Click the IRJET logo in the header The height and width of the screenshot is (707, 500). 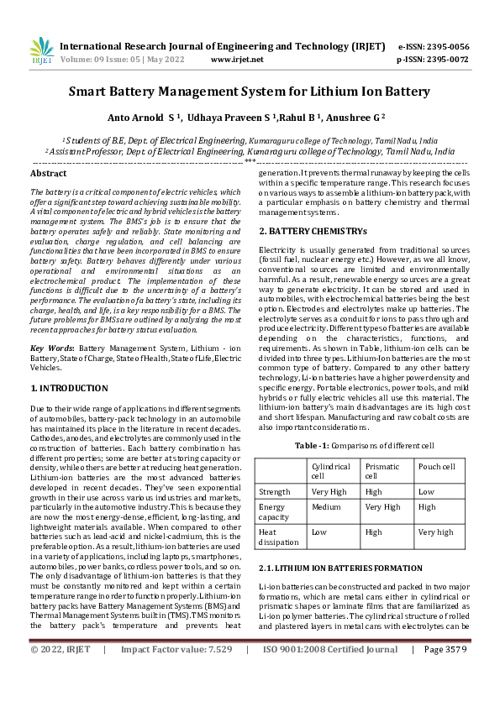[41, 52]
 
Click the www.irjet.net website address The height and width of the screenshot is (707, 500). [237, 60]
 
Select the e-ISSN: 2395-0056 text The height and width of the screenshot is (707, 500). [433, 46]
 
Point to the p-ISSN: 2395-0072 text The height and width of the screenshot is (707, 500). [433, 60]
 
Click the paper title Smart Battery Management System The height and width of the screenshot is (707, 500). [249, 92]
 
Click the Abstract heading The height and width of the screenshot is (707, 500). [48, 173]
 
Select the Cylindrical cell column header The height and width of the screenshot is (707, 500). [331, 470]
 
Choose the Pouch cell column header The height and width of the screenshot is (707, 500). [436, 466]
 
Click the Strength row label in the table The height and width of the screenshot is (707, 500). [276, 492]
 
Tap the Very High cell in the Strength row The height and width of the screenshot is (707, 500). [329, 492]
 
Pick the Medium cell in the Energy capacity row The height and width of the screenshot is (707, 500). [326, 507]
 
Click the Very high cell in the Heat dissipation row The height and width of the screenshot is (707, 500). [435, 532]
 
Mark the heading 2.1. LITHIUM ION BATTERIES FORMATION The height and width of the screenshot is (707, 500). [329, 568]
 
